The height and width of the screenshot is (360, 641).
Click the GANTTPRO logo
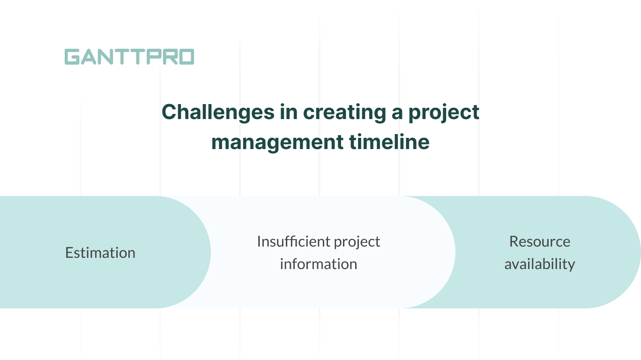pyautogui.click(x=129, y=57)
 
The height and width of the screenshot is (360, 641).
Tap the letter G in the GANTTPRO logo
pyautogui.click(x=72, y=57)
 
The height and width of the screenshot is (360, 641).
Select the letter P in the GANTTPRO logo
pyautogui.click(x=154, y=57)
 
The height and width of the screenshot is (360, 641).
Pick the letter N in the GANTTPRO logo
pyautogui.click(x=104, y=57)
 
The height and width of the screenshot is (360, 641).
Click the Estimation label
pyautogui.click(x=100, y=253)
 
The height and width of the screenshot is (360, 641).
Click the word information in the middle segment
pyautogui.click(x=319, y=264)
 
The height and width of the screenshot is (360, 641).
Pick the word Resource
pyautogui.click(x=540, y=241)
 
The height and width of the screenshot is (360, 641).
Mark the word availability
pyautogui.click(x=540, y=264)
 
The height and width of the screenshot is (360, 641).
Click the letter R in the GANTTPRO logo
pyautogui.click(x=170, y=57)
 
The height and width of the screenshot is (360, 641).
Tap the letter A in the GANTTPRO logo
pyautogui.click(x=89, y=57)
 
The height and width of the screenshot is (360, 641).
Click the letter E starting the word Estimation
pyautogui.click(x=69, y=253)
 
